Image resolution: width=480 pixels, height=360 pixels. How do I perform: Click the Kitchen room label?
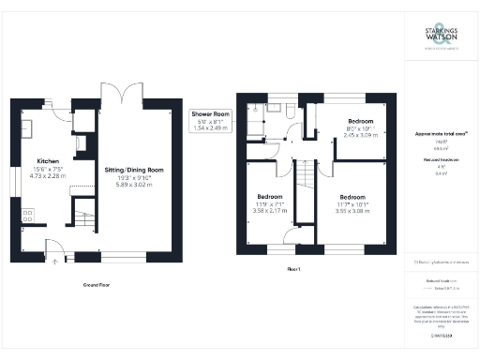click(x=48, y=160)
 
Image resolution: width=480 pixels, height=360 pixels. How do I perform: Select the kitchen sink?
click(x=26, y=126)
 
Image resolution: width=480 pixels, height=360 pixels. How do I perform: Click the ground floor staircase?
click(x=87, y=223)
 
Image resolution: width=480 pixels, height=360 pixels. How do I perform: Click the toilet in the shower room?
click(x=292, y=112)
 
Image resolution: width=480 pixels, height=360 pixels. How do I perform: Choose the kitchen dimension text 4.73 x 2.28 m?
click(x=48, y=175)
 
